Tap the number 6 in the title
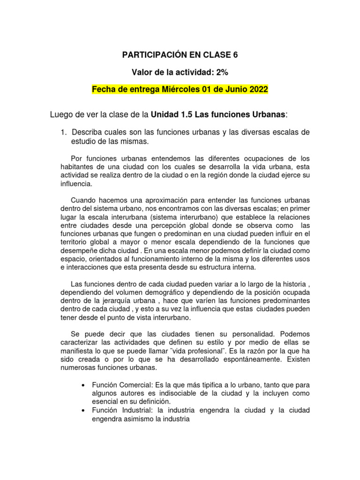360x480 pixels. [x=235, y=55]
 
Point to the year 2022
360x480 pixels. [x=258, y=90]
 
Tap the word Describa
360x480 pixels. [x=88, y=133]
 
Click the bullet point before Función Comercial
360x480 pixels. [x=83, y=385]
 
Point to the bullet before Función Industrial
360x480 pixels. [x=83, y=410]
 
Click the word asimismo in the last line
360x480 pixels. [x=140, y=419]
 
